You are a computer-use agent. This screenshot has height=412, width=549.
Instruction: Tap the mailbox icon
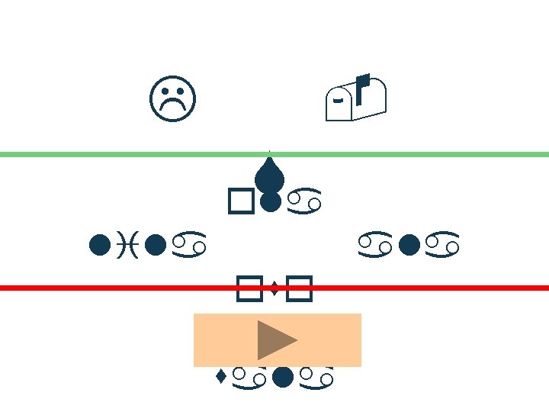[356, 100]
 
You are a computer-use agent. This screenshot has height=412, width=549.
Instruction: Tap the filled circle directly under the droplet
[269, 201]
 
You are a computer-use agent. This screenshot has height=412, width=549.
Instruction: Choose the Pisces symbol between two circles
[126, 245]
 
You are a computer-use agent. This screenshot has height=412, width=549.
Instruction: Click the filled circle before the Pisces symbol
[97, 245]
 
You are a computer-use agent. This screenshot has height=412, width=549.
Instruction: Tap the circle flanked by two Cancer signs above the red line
[409, 245]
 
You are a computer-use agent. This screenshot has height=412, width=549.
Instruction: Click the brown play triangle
[275, 340]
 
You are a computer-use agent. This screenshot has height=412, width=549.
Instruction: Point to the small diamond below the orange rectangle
[220, 375]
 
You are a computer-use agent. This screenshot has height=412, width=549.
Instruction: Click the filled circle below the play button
[284, 375]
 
